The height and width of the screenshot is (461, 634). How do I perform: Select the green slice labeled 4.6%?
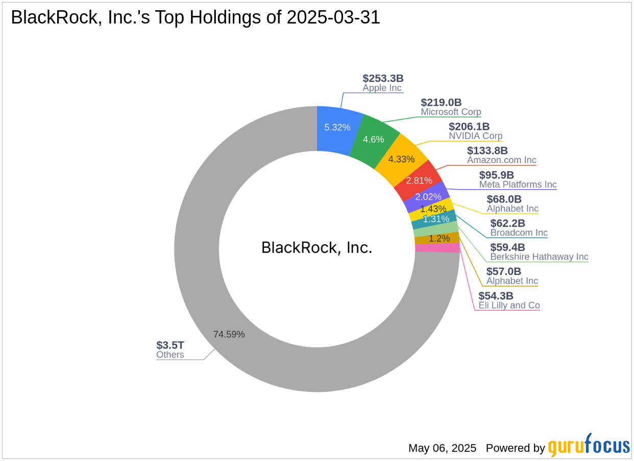(x=374, y=139)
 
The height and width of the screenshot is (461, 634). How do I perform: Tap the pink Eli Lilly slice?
(x=437, y=248)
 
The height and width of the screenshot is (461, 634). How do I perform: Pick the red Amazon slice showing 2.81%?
(x=419, y=180)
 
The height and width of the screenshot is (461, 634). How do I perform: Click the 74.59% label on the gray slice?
(x=229, y=334)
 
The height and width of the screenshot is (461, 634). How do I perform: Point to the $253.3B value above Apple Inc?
(x=383, y=78)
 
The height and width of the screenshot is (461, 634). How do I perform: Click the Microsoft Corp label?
(x=451, y=112)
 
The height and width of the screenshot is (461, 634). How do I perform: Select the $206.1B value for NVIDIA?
(x=469, y=126)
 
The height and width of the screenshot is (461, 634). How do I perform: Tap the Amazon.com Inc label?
(x=501, y=160)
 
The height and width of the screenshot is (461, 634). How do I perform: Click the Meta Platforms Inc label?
(x=518, y=185)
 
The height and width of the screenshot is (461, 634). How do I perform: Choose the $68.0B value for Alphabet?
(x=504, y=199)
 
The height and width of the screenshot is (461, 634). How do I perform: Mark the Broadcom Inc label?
(x=519, y=233)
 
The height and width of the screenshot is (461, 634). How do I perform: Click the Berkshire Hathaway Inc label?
(x=539, y=257)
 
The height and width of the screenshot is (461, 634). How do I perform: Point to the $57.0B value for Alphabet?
(x=504, y=271)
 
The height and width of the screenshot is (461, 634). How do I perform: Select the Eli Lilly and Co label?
(x=509, y=305)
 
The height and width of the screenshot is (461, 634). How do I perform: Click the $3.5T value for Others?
(x=170, y=345)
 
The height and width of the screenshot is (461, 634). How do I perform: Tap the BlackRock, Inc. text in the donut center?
(x=317, y=247)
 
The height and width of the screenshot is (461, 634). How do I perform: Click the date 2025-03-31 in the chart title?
(x=333, y=18)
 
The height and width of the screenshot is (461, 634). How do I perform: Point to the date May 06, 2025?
(x=442, y=448)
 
